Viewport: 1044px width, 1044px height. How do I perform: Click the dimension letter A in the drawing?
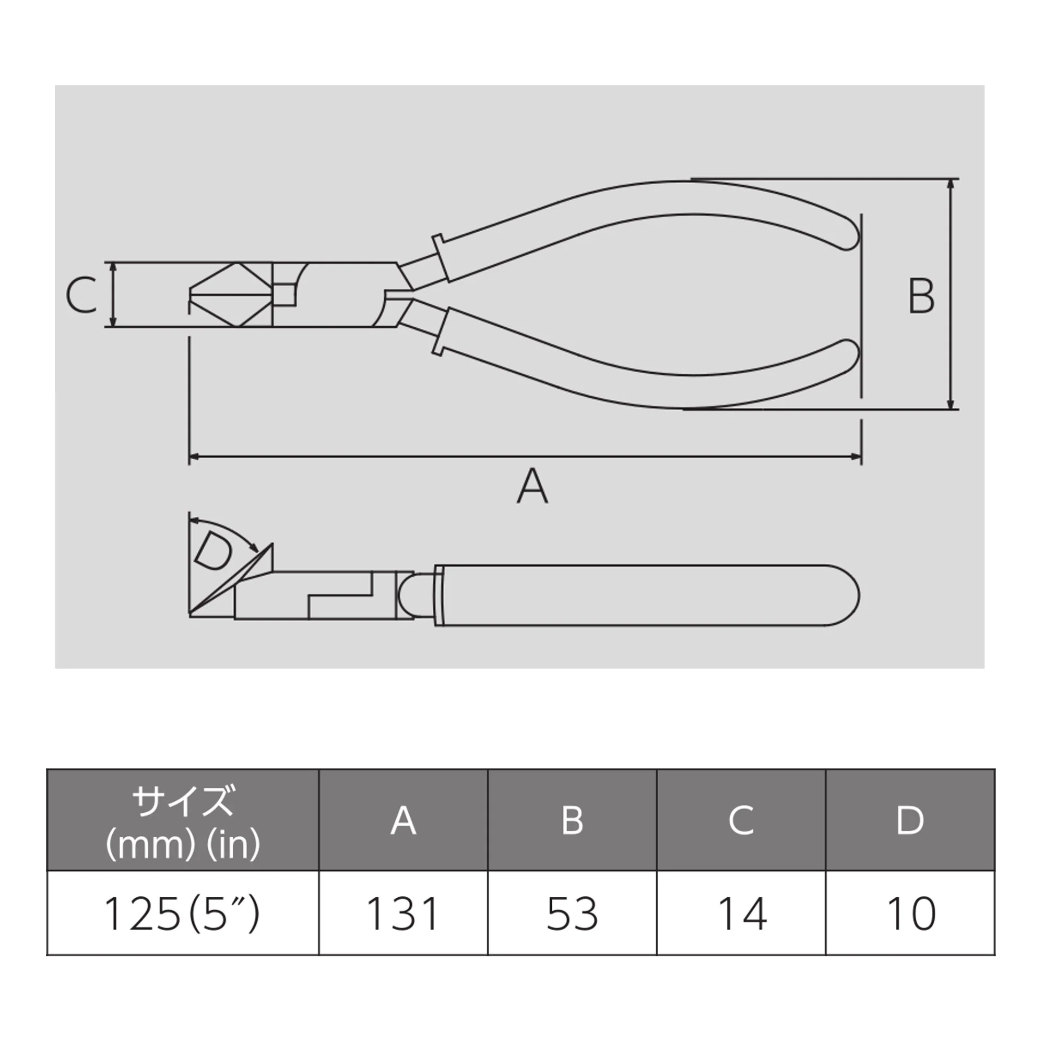point(532,485)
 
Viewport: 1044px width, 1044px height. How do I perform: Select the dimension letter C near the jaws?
point(81,295)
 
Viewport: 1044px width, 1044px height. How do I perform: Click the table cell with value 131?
point(403,913)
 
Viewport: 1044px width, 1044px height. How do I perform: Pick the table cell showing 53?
point(572,913)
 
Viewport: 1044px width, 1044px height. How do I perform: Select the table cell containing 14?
point(741,913)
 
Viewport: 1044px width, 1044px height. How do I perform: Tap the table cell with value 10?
point(910,913)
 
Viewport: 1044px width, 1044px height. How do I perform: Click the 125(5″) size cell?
point(183,913)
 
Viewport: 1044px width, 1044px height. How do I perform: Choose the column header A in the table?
point(403,820)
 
